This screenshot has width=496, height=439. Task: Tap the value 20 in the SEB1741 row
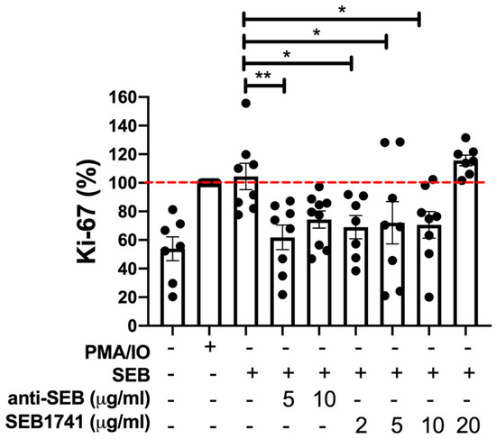click(465, 422)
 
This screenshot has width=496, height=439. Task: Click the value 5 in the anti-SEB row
click(282, 397)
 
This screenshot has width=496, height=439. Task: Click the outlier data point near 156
click(246, 103)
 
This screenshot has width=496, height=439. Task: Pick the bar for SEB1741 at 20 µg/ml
click(465, 242)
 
